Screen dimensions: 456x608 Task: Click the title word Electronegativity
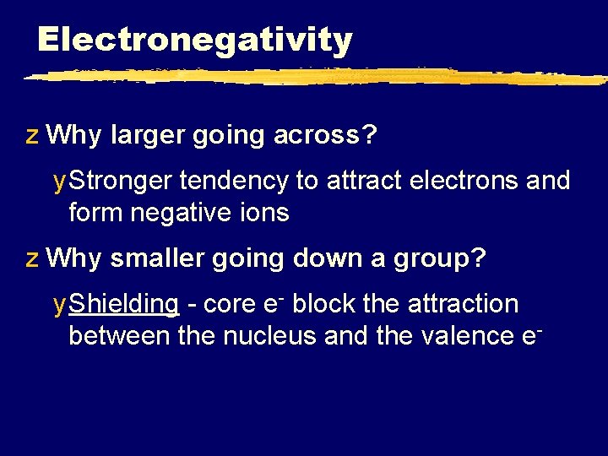[x=194, y=40]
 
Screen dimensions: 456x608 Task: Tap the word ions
[x=265, y=213]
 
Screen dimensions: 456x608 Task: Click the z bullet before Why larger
[x=31, y=136]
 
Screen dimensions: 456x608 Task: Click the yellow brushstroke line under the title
[x=312, y=76]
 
